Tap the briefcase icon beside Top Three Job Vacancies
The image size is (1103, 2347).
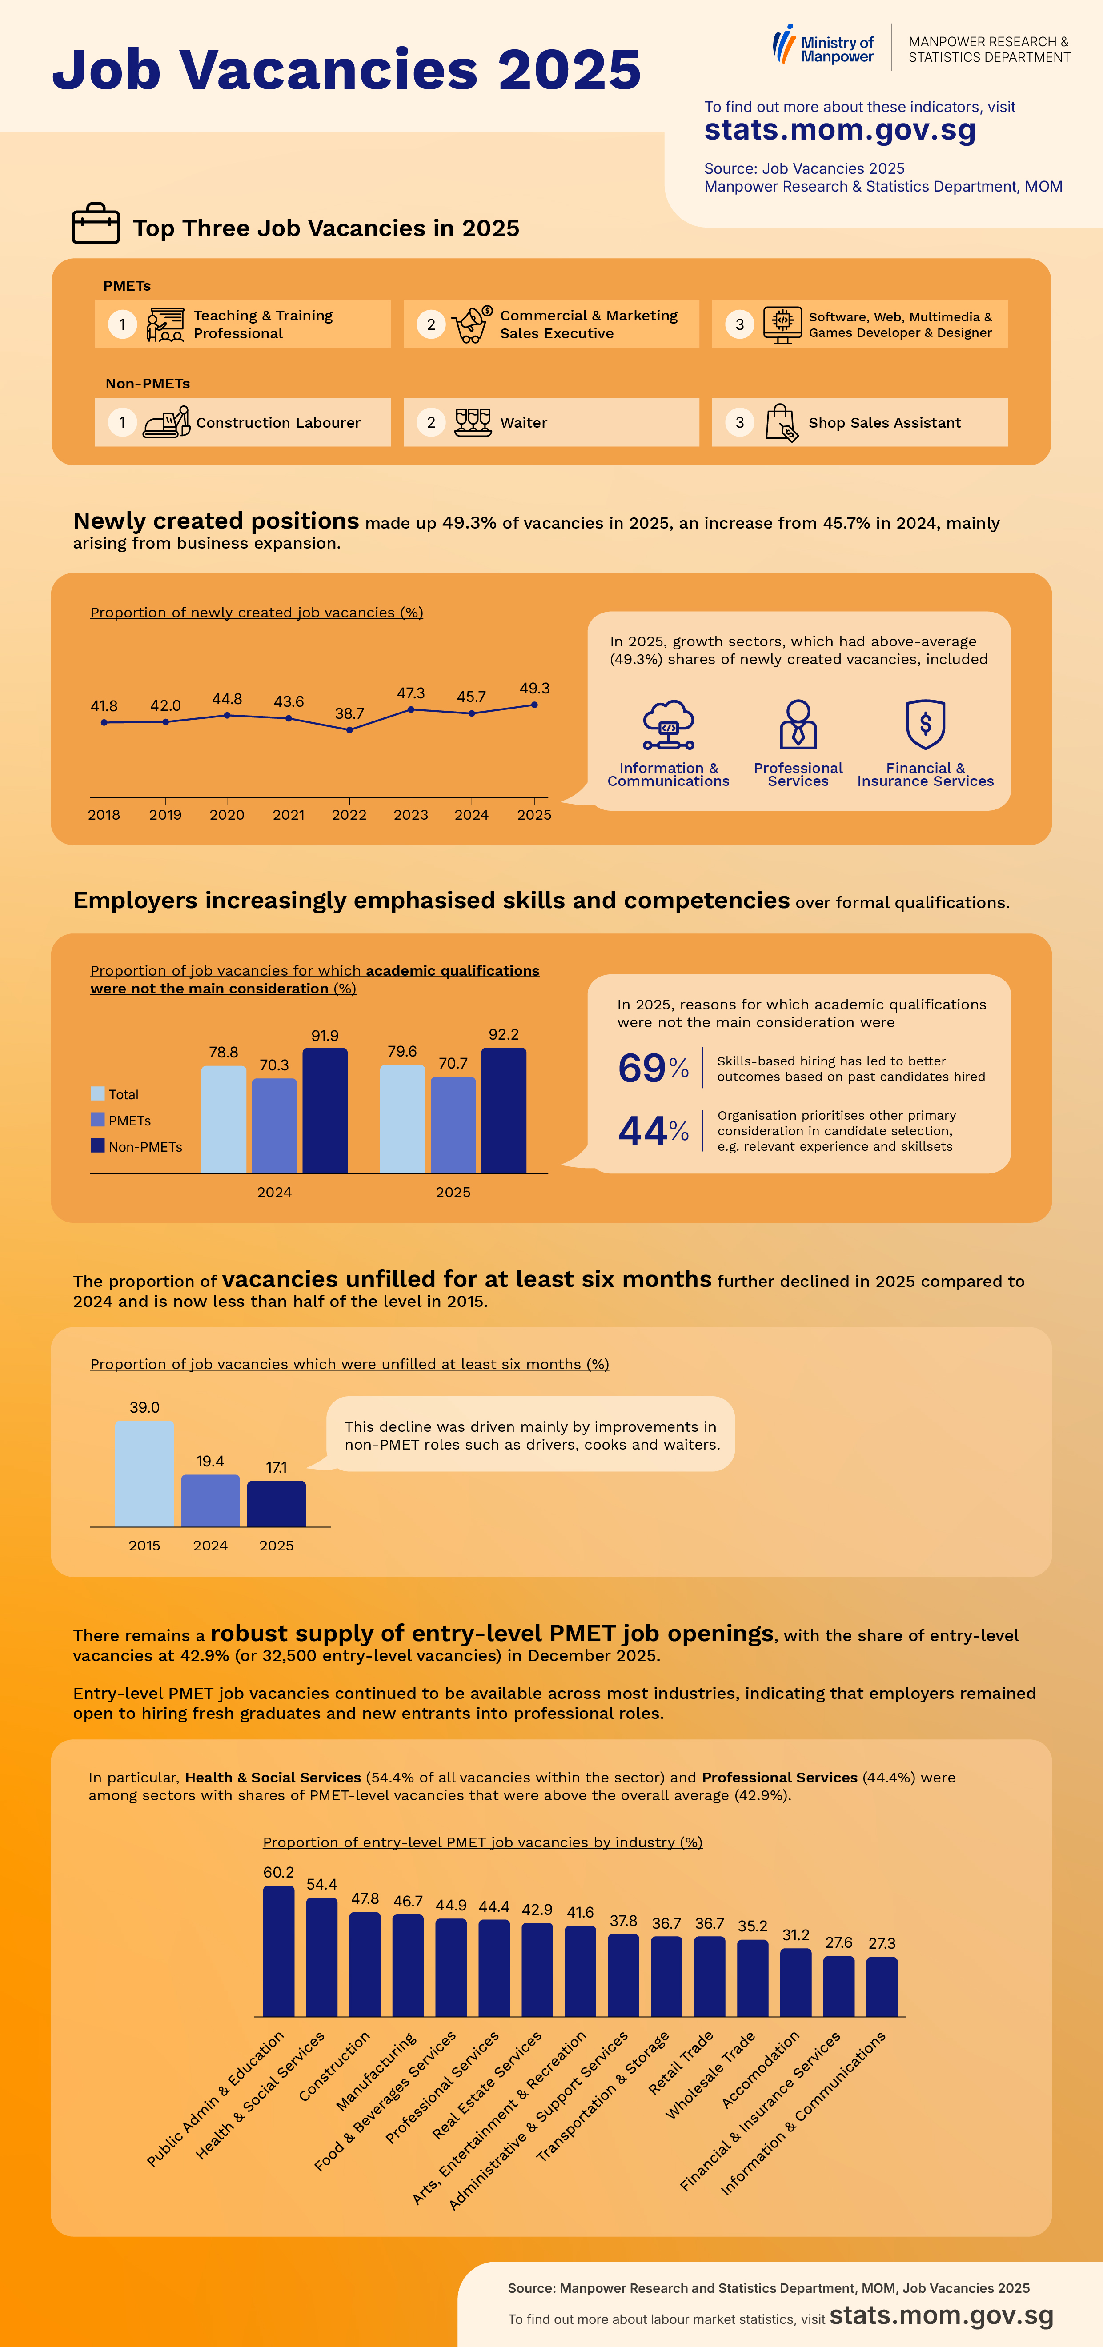tap(96, 223)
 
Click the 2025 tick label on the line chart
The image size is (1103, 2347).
tap(534, 814)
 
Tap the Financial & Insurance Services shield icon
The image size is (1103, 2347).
tap(925, 725)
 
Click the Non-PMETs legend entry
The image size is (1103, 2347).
tap(137, 1146)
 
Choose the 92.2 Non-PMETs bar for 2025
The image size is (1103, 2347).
tap(503, 1111)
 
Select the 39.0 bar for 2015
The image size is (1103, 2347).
tap(144, 1473)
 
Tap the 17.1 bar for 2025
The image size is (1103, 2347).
tap(276, 1503)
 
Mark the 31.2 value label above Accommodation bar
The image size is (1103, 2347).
tap(796, 1934)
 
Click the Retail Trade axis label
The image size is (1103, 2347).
tap(680, 2063)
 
